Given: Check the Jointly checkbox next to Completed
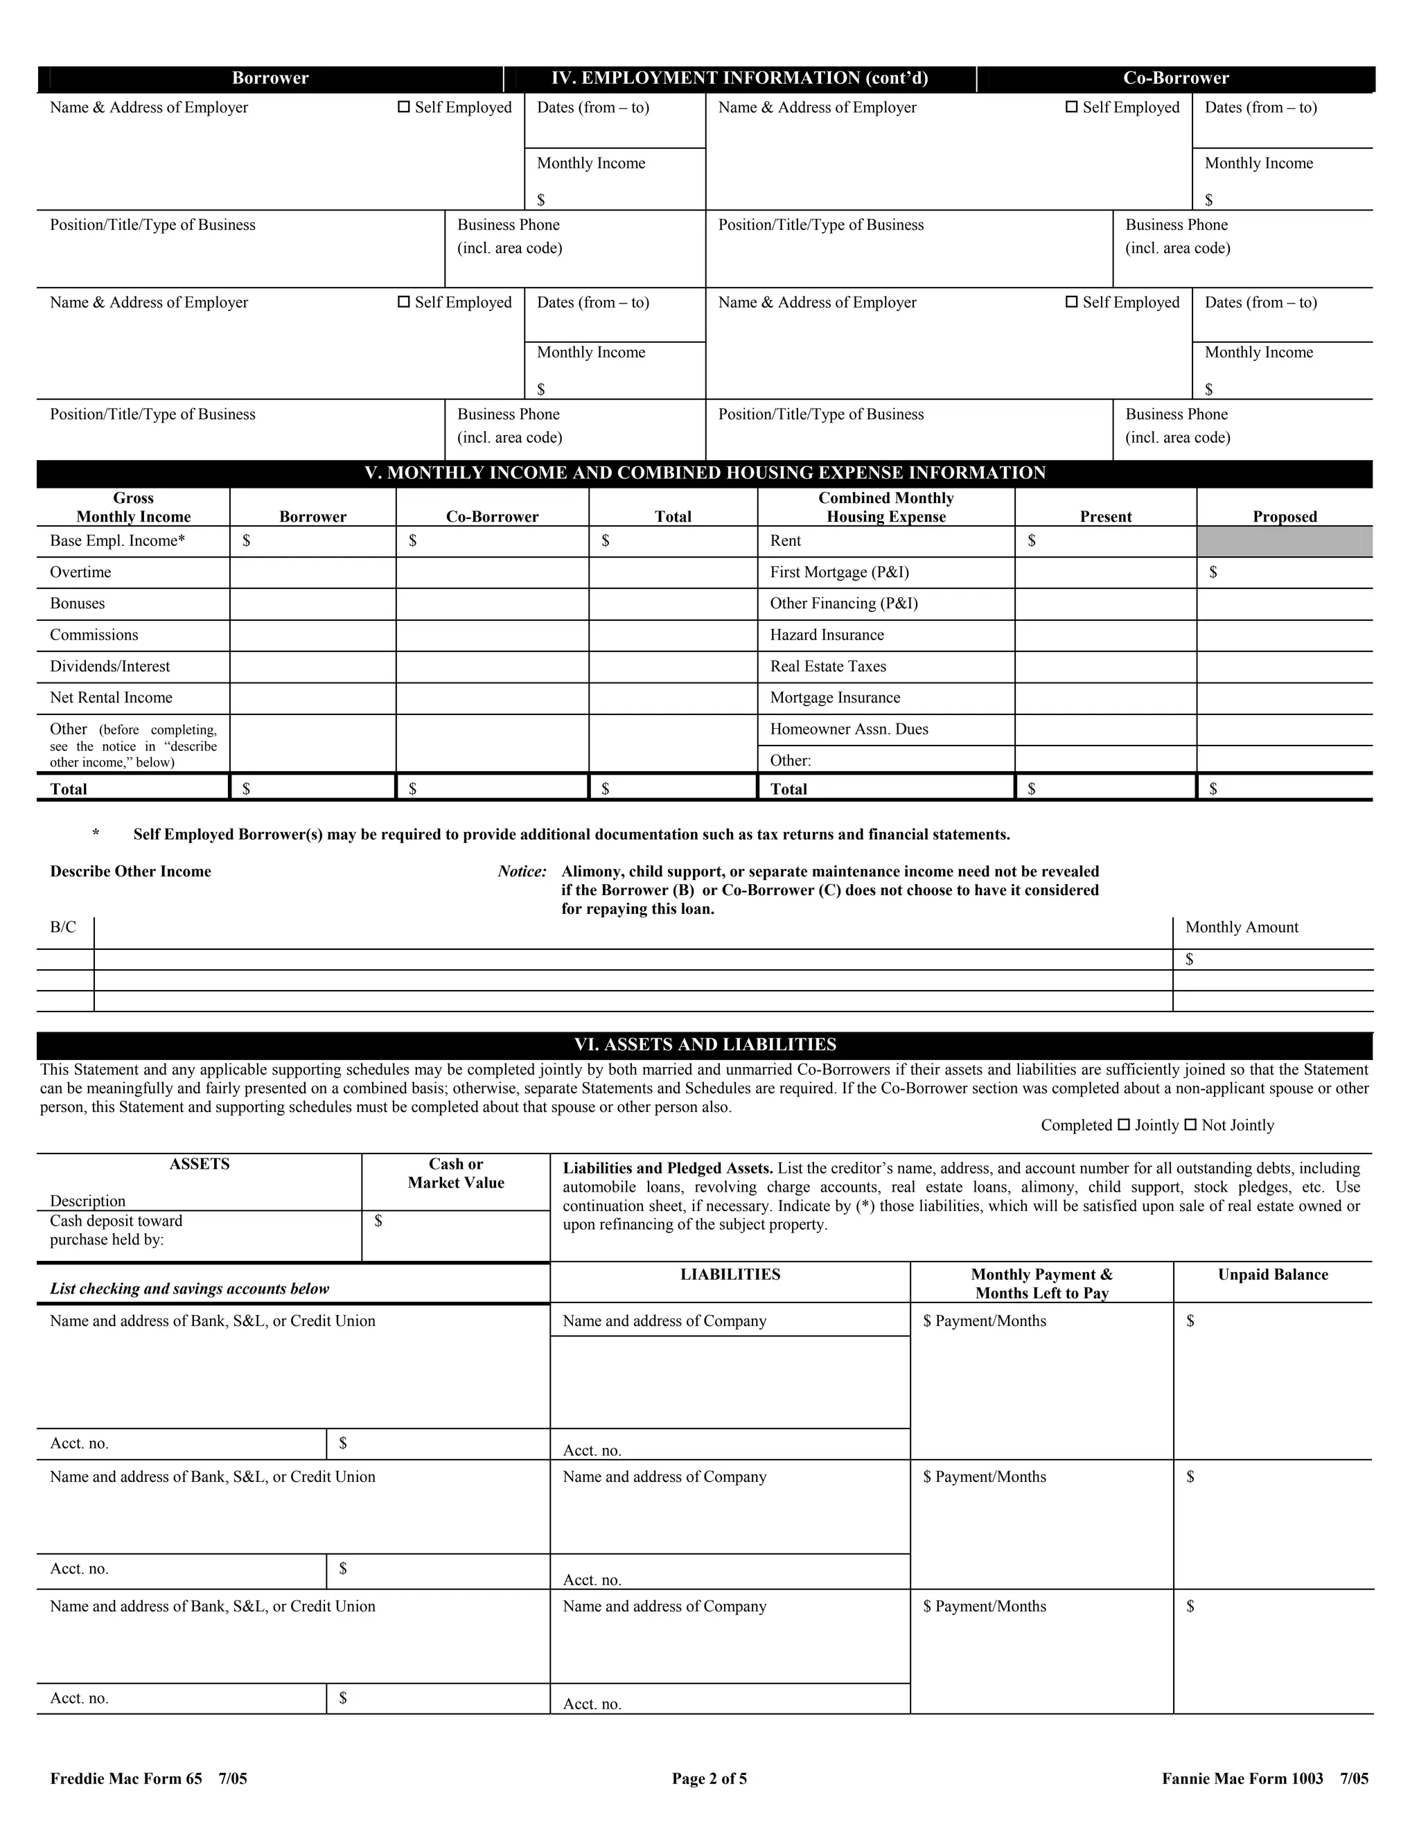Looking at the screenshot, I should pos(1123,1124).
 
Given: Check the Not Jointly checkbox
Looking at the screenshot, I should pos(1190,1124).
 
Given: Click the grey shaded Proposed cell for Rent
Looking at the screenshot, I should pos(1284,541).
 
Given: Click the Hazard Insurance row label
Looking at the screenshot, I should pos(827,635).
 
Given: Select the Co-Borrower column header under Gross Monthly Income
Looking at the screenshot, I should pos(492,516).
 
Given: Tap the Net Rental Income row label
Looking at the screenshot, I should pos(111,697).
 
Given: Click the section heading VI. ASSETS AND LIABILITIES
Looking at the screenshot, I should pos(705,1044).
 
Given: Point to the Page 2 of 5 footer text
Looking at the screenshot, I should pos(709,1778).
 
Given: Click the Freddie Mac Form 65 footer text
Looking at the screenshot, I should pos(148,1778).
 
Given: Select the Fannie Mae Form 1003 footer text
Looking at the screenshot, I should pos(1264,1778).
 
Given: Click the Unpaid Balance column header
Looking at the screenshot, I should pos(1273,1274).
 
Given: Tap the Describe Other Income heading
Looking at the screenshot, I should pos(130,871).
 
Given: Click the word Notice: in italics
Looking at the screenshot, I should pos(522,871).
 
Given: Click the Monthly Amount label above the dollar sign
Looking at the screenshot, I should pos(1241,927).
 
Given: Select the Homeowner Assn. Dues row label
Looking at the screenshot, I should pos(849,729).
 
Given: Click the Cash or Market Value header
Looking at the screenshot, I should pos(456,1173).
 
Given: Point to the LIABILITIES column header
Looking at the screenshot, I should pos(730,1274).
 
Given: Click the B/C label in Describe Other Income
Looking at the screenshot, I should pos(63,927).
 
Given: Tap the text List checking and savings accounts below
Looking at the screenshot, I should pos(189,1289).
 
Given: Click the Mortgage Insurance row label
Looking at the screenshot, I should pos(835,697).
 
